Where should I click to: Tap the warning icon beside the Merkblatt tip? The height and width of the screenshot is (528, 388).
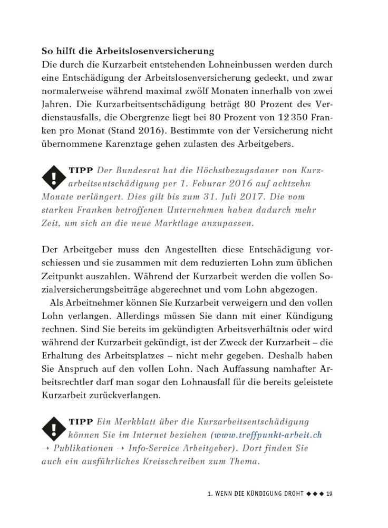pos(53,429)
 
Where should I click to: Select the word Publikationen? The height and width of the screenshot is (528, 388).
pos(82,448)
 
